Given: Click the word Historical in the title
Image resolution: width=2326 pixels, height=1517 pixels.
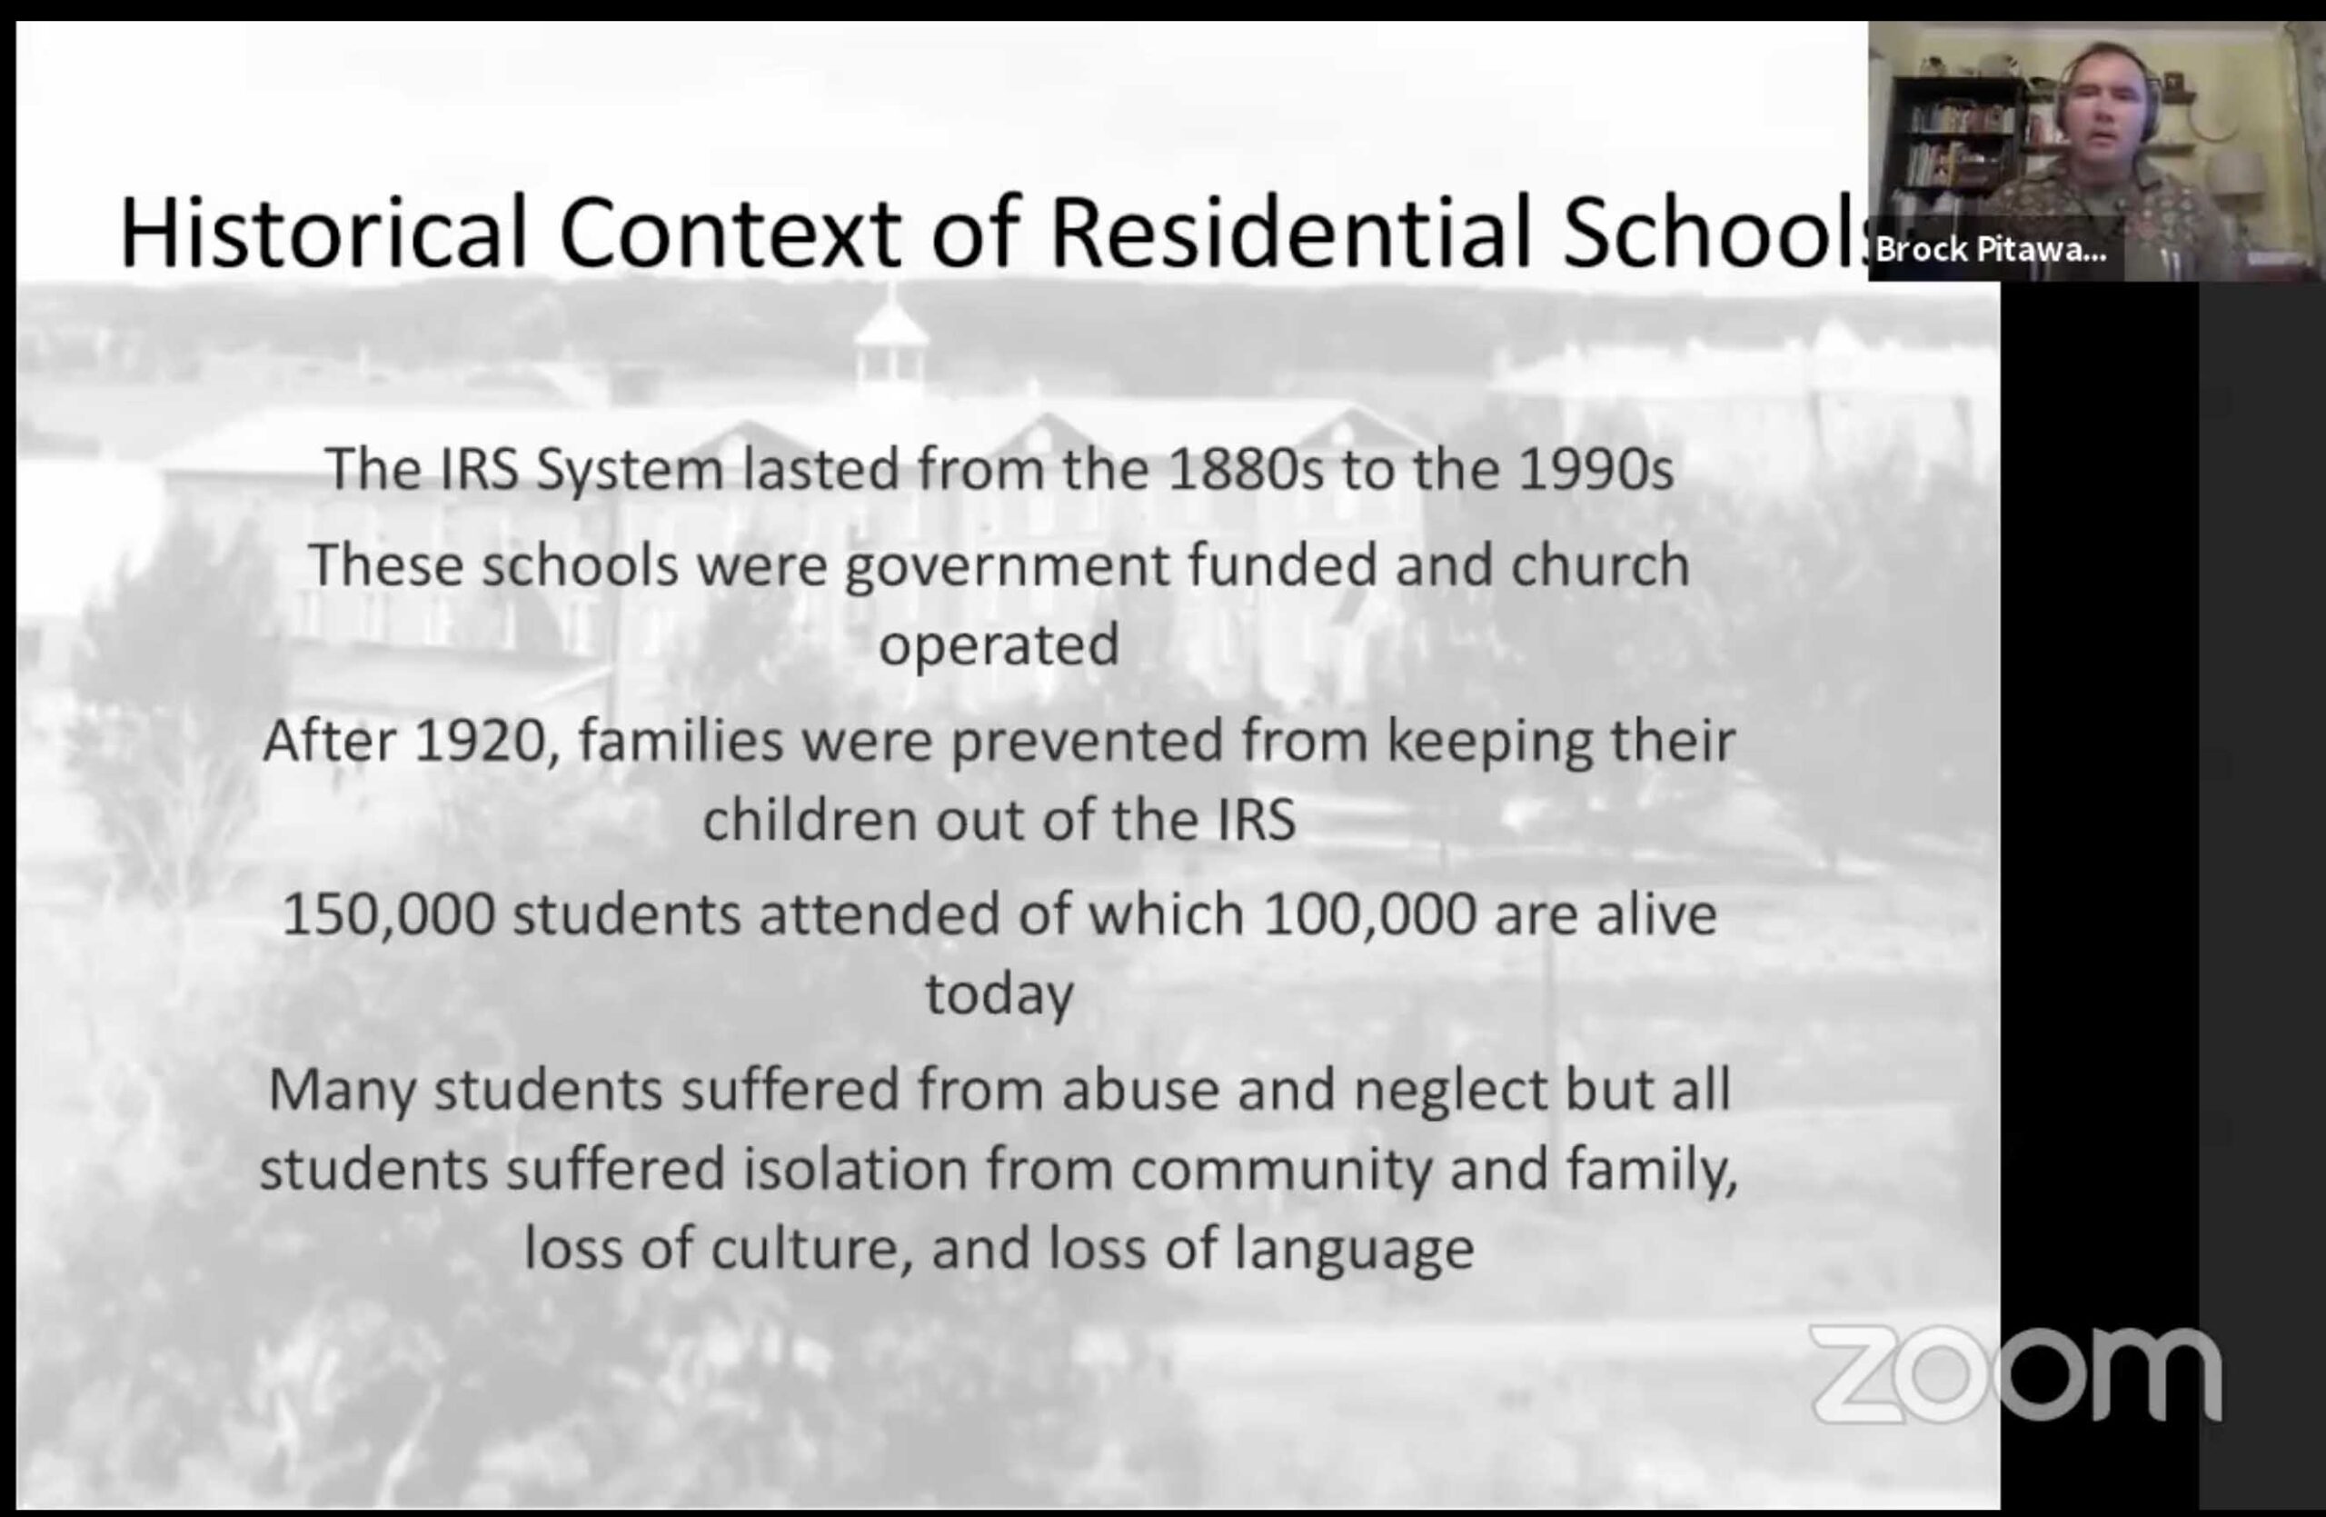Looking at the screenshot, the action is pyautogui.click(x=323, y=233).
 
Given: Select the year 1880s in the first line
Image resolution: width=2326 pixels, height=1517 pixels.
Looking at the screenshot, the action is pyautogui.click(x=1246, y=469).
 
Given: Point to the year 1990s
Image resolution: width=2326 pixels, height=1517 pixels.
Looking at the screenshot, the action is pyautogui.click(x=1596, y=469).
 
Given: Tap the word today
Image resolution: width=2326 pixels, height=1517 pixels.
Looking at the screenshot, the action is pyautogui.click(x=999, y=995).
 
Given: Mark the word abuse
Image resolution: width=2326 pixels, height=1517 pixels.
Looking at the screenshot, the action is pyautogui.click(x=1140, y=1090).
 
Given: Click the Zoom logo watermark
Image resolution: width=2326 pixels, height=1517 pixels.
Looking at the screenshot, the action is pyautogui.click(x=2015, y=1373).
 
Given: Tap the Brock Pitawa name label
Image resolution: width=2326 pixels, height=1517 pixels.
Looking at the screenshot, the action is pyautogui.click(x=1992, y=249).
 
